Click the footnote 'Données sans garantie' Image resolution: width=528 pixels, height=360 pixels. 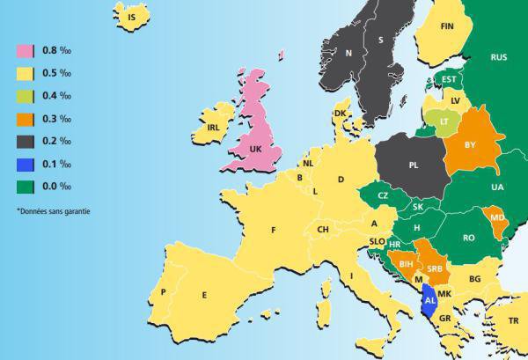(x=54, y=210)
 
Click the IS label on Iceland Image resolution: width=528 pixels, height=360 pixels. (x=133, y=17)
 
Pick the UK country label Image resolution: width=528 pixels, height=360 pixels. (x=256, y=150)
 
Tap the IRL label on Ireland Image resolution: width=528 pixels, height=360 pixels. (x=212, y=128)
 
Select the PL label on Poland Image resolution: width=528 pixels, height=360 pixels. (x=414, y=164)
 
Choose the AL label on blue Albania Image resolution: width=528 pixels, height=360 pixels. (x=429, y=300)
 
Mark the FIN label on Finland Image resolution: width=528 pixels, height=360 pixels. (x=446, y=26)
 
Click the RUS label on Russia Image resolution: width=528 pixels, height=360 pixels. (x=499, y=56)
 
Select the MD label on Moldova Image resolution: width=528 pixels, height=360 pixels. (x=497, y=217)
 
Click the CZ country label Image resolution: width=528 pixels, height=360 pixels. (x=383, y=195)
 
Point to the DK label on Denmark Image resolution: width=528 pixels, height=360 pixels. (x=340, y=114)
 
